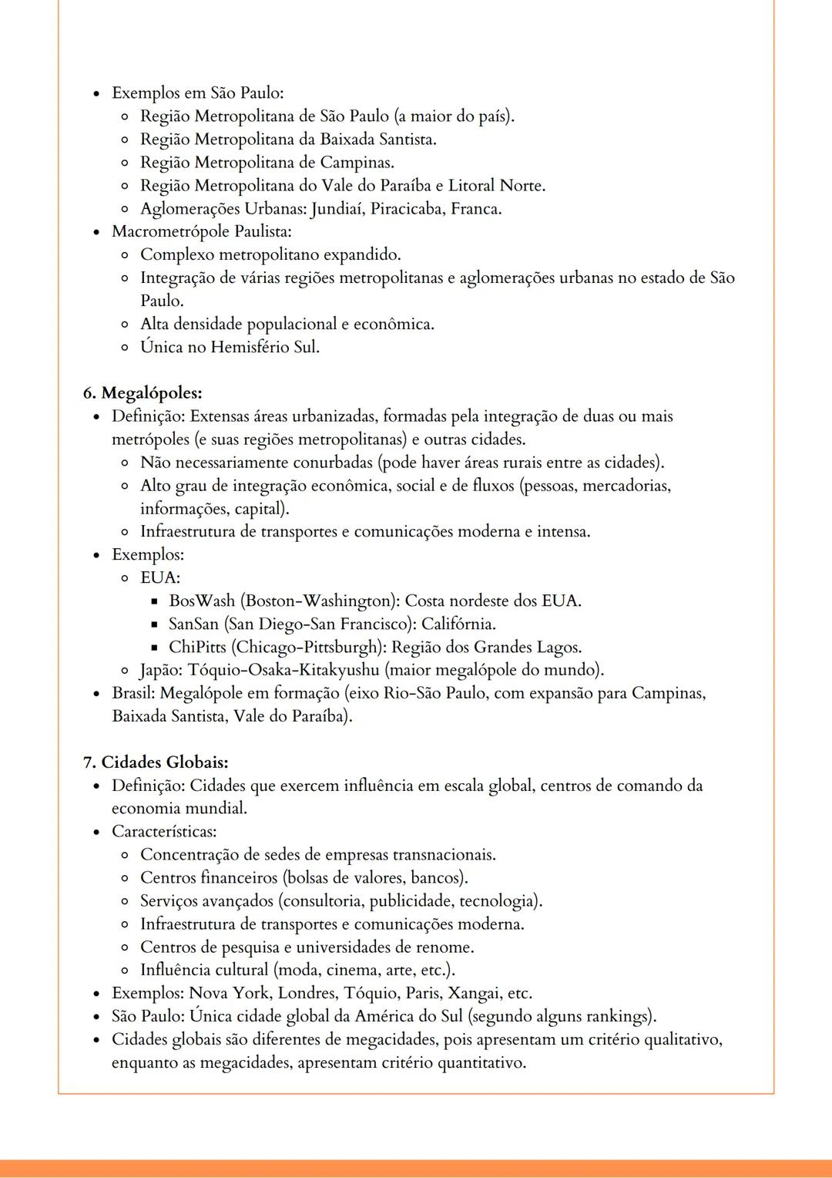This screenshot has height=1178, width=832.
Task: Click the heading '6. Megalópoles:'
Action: pos(143,393)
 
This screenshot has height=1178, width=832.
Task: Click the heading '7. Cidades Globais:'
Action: pos(156,762)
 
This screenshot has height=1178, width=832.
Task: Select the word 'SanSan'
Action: pos(193,624)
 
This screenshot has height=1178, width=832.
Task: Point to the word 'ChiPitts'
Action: pos(197,647)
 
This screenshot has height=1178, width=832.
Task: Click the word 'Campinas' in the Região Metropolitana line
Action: pos(356,163)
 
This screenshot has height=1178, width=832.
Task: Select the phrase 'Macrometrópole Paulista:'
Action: pos(201,231)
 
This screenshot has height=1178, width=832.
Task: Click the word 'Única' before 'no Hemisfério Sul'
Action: pos(161,347)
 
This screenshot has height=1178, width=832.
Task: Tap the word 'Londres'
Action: pos(307,993)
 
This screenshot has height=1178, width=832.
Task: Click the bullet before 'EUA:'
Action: pos(123,578)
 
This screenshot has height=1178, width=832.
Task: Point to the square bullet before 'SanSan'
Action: pos(153,624)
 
